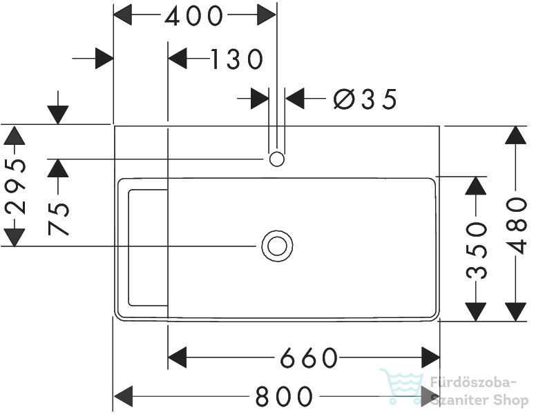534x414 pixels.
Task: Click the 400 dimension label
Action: coord(194,16)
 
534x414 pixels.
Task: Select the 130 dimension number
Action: coord(237,59)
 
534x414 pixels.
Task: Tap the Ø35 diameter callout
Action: coord(365,99)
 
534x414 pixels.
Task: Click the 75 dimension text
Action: coord(59,218)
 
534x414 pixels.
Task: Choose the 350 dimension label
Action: coord(477,250)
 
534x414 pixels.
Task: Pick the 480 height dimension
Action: coord(517,225)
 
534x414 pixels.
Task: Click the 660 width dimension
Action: coord(309,358)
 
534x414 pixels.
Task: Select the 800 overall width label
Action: coord(284,396)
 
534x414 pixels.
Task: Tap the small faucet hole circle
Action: coord(277,159)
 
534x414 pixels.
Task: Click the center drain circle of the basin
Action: coord(277,246)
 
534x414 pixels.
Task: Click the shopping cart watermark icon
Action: coord(402,386)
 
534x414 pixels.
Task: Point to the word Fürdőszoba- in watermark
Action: coord(473,382)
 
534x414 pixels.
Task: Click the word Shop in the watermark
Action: coord(510,400)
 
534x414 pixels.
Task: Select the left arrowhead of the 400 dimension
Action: coord(122,15)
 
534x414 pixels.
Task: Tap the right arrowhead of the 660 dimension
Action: coord(430,357)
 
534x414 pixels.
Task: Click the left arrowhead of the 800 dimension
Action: coord(123,396)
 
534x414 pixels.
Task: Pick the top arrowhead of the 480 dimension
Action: coord(516,135)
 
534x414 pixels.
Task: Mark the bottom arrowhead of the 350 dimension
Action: coord(476,312)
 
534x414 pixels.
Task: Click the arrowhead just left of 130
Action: coord(178,59)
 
